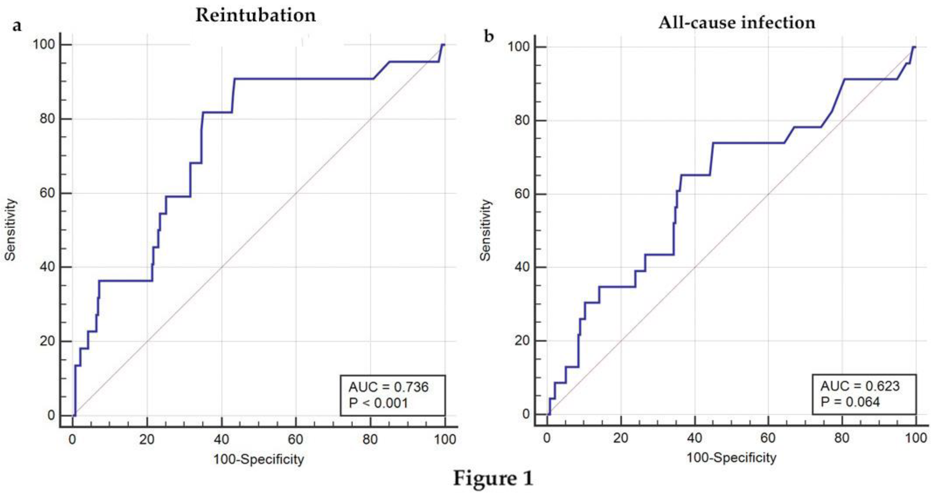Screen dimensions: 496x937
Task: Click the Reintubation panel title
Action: [256, 15]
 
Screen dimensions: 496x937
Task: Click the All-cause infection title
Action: [737, 23]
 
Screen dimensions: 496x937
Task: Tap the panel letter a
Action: [17, 25]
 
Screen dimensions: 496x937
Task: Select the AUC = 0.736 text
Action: [389, 387]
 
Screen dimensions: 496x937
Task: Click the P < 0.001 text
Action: [378, 403]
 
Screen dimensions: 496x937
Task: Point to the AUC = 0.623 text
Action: [860, 386]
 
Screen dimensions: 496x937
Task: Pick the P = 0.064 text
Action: [850, 402]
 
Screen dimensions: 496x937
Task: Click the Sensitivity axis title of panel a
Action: [10, 230]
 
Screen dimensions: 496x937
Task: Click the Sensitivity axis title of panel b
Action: [486, 230]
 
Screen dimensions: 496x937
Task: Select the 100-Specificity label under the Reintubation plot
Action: [258, 459]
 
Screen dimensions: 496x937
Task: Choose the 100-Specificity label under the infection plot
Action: [731, 457]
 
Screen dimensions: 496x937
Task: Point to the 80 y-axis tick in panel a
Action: [47, 119]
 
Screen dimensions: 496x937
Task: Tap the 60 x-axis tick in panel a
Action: [295, 440]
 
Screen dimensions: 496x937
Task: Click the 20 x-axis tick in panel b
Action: [621, 438]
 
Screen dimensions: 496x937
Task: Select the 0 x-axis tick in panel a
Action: [72, 440]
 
